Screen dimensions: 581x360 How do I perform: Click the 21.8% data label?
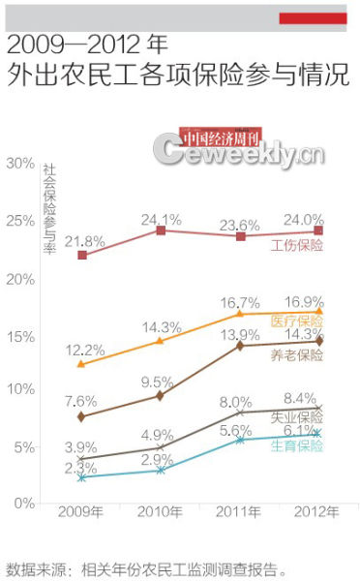[84, 240]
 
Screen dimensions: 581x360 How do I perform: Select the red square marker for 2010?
[162, 230]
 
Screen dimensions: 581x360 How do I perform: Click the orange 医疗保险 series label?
[297, 321]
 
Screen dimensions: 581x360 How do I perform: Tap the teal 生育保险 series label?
[297, 445]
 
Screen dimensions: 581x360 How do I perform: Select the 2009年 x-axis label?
[82, 510]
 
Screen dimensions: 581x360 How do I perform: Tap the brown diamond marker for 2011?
[240, 346]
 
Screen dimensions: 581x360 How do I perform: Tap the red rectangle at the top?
[313, 17]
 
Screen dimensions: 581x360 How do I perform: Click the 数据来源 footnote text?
[146, 567]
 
